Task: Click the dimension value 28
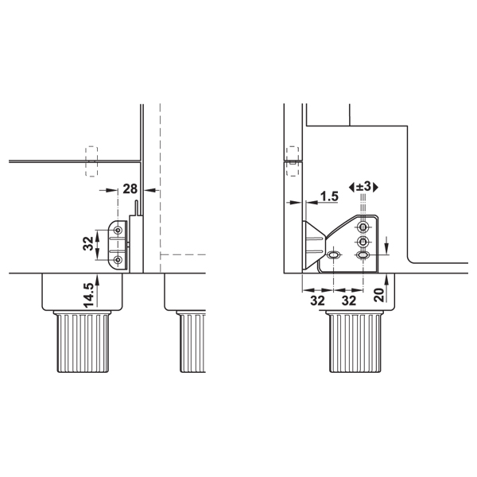click(130, 189)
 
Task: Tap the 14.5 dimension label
click(88, 295)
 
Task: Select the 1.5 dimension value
click(329, 196)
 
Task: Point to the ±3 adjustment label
click(363, 187)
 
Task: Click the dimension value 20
click(379, 294)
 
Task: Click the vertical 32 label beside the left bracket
click(88, 243)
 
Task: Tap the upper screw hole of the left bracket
click(118, 230)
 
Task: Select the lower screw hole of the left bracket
click(118, 259)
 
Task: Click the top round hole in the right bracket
click(363, 227)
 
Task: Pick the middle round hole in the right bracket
click(363, 242)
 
